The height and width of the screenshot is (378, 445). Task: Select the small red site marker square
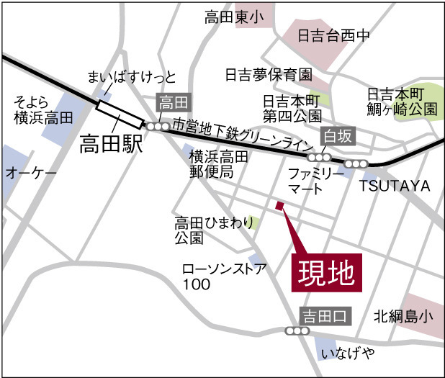click(x=279, y=206)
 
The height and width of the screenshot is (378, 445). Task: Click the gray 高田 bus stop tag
click(x=173, y=103)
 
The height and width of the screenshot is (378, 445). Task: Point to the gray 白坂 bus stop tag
click(x=338, y=135)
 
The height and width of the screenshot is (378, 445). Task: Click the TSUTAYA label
click(x=395, y=186)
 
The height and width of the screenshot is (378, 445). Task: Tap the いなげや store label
click(x=349, y=353)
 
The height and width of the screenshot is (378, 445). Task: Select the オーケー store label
click(x=31, y=173)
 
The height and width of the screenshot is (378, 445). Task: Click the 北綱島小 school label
click(x=403, y=315)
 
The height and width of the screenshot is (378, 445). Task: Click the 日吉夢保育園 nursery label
click(x=268, y=74)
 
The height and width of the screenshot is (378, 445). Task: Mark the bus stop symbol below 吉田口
click(x=297, y=331)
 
